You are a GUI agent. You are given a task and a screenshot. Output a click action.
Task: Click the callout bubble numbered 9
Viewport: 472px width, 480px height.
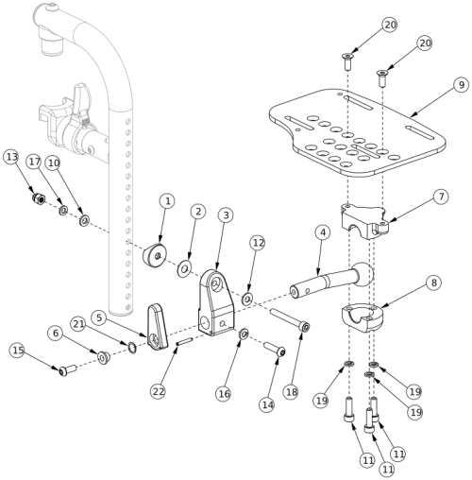[461, 85]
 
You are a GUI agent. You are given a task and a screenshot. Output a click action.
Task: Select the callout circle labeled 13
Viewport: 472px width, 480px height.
[11, 157]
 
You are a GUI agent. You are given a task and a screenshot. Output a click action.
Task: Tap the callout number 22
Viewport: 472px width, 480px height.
[158, 391]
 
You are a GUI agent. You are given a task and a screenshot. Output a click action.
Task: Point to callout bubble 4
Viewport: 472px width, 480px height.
[323, 232]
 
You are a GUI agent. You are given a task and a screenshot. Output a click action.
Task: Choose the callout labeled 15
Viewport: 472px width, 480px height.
[18, 350]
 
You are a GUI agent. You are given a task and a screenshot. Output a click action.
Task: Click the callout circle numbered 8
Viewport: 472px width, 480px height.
[434, 283]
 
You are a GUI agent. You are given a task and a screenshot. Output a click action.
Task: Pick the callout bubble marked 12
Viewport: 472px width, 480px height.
[258, 243]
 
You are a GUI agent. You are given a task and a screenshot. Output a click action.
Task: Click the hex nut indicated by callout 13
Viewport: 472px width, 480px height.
[39, 198]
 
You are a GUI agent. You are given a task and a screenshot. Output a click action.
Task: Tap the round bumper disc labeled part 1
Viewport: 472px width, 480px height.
[155, 255]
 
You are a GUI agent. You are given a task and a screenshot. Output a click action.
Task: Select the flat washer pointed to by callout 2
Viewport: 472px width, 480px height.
[184, 269]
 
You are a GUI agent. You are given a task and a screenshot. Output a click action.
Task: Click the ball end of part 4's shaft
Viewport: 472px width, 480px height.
[363, 274]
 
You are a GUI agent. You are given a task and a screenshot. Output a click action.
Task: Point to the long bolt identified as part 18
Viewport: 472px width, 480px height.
[290, 319]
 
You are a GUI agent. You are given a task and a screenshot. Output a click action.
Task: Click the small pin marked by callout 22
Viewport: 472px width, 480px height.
[185, 341]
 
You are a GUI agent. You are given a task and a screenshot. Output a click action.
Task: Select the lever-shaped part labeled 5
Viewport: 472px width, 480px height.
[158, 327]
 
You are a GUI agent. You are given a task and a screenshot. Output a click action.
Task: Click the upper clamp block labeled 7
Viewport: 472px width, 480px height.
[365, 221]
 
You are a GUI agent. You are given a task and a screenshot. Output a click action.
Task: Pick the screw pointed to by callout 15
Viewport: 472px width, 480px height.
[68, 370]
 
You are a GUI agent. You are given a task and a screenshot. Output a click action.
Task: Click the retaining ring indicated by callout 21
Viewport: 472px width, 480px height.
[132, 348]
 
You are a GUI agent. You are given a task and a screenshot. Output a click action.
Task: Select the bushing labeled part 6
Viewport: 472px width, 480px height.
[104, 357]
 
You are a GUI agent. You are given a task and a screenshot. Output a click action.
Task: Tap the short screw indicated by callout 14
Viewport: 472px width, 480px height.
[275, 350]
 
